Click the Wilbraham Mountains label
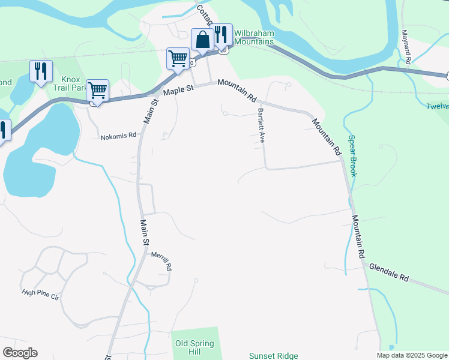point(254,37)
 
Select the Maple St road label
point(180,90)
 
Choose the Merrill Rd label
point(161,261)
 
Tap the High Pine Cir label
point(41,293)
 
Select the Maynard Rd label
point(406,47)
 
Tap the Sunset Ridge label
point(274,356)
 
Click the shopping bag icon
point(202,40)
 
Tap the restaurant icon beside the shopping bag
point(221,35)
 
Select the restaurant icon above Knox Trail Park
point(41,71)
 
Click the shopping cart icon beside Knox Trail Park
point(97,91)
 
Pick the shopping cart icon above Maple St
point(178,59)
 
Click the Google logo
point(20,353)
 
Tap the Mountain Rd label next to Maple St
point(238,89)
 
